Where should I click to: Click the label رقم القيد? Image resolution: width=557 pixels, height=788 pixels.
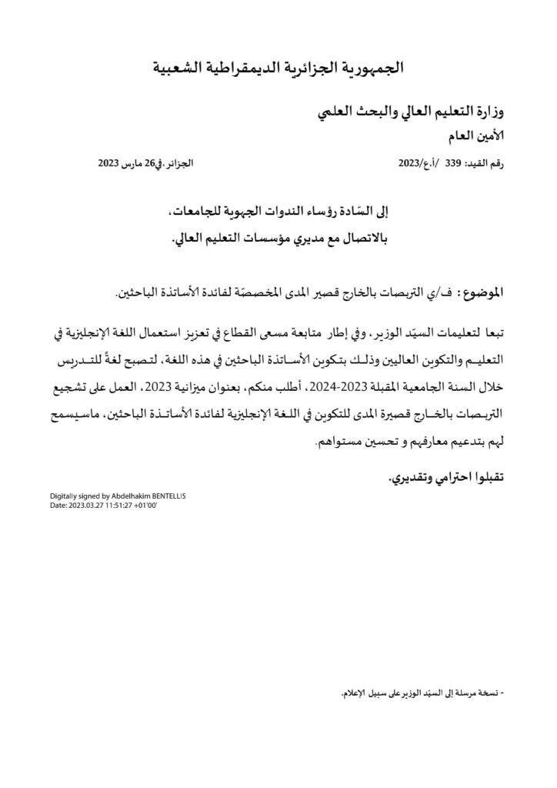[485, 165]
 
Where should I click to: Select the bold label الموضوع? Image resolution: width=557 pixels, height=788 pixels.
[484, 293]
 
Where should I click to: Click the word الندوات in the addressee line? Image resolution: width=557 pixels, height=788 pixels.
[289, 212]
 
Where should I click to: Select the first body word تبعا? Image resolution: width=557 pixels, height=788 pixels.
[496, 333]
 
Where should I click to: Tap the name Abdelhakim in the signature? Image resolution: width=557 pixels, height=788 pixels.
[125, 496]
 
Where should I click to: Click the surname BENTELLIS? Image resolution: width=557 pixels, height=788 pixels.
[168, 496]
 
